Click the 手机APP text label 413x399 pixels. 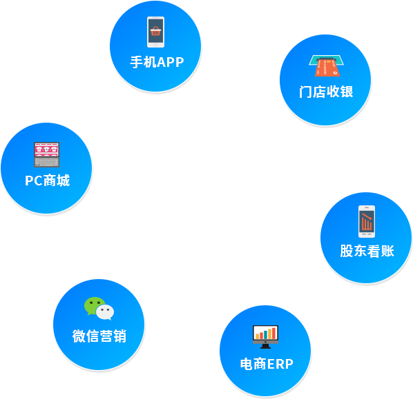(157, 62)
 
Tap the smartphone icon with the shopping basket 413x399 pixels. (155, 32)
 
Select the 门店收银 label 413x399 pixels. (326, 92)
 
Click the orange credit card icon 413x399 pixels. (327, 68)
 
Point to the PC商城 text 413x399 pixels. (48, 181)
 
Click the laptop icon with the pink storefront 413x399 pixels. (47, 154)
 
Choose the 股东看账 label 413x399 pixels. (367, 251)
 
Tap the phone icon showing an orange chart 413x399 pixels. (367, 221)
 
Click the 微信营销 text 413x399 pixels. (99, 336)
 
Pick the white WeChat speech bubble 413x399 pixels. (105, 312)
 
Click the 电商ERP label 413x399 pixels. (267, 364)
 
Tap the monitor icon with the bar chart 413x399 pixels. (265, 337)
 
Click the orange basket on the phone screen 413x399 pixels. (155, 31)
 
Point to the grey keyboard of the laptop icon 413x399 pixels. (47, 162)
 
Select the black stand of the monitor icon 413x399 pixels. (265, 347)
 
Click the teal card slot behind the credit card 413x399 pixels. (327, 60)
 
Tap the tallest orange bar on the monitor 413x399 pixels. (274, 334)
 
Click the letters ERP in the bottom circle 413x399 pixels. (280, 364)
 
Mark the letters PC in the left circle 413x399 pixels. (33, 181)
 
